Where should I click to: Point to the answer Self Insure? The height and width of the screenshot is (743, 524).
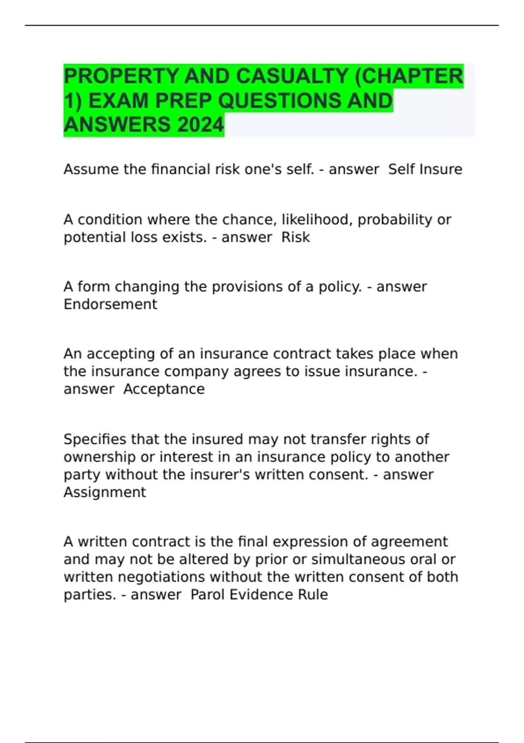425,169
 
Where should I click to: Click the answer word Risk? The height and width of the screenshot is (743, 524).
296,237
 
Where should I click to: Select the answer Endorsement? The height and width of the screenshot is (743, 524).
110,304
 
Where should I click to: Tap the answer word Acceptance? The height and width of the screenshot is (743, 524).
164,389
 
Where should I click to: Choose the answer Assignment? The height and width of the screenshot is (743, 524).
105,492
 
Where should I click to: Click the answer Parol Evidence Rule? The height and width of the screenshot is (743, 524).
259,594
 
